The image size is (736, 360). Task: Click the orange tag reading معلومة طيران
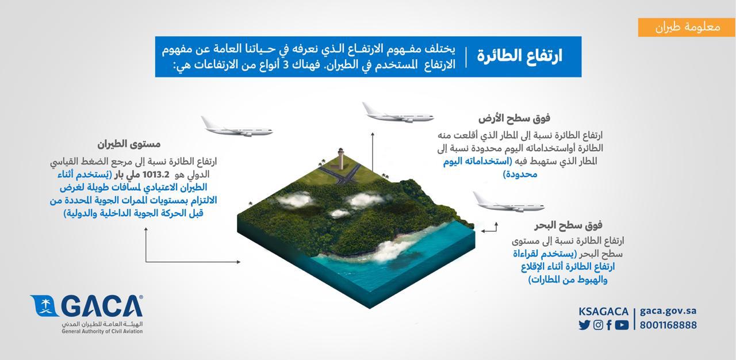coord(687,27)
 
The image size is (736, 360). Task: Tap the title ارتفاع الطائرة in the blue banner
coord(519,56)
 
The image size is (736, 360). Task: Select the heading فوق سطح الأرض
coord(514,118)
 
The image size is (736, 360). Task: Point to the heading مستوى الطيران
coord(129,144)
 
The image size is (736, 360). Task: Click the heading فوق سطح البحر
coord(568,225)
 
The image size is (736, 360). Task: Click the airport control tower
coord(341,158)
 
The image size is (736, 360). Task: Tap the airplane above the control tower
coord(398,113)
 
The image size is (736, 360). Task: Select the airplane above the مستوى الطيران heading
coord(236,127)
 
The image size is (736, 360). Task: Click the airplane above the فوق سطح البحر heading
coord(509,202)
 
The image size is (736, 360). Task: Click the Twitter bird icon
coord(584,325)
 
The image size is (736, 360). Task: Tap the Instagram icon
coord(599,325)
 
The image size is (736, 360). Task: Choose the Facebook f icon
coord(609,325)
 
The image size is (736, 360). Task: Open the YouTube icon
coord(622,325)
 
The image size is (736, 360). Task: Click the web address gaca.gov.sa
coord(668,311)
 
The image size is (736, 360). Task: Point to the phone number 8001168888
coord(668,325)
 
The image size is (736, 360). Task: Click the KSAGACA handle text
coord(603,311)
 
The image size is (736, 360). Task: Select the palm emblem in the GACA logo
coord(45,306)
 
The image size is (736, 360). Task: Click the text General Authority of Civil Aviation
coord(102,331)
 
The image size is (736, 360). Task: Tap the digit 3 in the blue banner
coord(286,64)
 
